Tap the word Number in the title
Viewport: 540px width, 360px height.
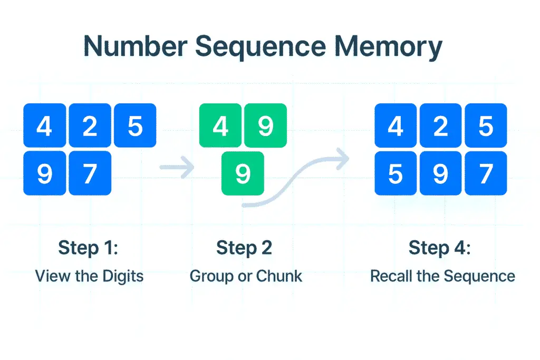pyautogui.click(x=135, y=46)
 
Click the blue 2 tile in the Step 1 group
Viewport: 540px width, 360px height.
pyautogui.click(x=90, y=125)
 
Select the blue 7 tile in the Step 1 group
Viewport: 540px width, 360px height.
pyautogui.click(x=90, y=173)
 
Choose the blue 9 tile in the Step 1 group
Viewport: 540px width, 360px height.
pyautogui.click(x=45, y=173)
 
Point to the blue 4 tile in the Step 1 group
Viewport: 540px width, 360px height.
pyautogui.click(x=45, y=125)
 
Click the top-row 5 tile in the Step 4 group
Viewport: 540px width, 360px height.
pyautogui.click(x=485, y=125)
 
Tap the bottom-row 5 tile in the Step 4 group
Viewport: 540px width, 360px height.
pyautogui.click(x=396, y=173)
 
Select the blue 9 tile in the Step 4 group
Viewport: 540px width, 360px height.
pyautogui.click(x=440, y=173)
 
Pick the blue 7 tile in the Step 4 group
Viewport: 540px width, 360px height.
pyautogui.click(x=485, y=173)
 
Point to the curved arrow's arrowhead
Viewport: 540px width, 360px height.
pyautogui.click(x=343, y=157)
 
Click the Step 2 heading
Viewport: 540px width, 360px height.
pyautogui.click(x=244, y=248)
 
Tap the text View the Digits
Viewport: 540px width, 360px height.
pyautogui.click(x=89, y=276)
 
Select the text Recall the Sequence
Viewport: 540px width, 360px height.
pyautogui.click(x=442, y=276)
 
